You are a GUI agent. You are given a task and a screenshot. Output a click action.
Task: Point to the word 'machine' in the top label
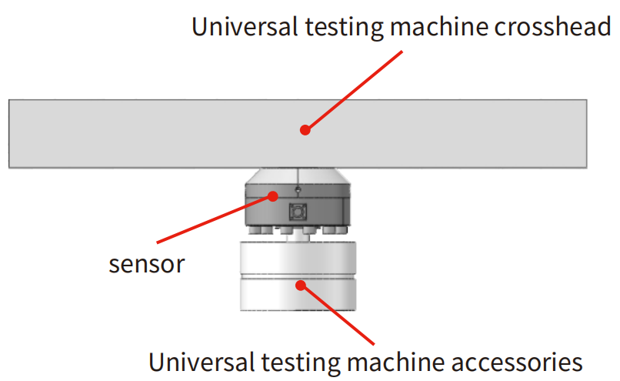pyautogui.click(x=422, y=28)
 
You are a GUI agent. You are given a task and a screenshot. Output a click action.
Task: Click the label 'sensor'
pyautogui.click(x=146, y=264)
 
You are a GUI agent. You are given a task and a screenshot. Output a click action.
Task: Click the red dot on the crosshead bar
pyautogui.click(x=305, y=130)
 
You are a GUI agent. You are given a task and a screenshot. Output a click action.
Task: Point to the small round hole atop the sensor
pyautogui.click(x=297, y=189)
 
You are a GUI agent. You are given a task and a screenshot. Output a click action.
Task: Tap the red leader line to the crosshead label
pyautogui.click(x=354, y=90)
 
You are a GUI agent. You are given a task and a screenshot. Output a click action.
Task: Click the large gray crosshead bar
pyautogui.click(x=154, y=134)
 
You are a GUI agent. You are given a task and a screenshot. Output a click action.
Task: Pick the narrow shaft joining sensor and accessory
pyautogui.click(x=298, y=238)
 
